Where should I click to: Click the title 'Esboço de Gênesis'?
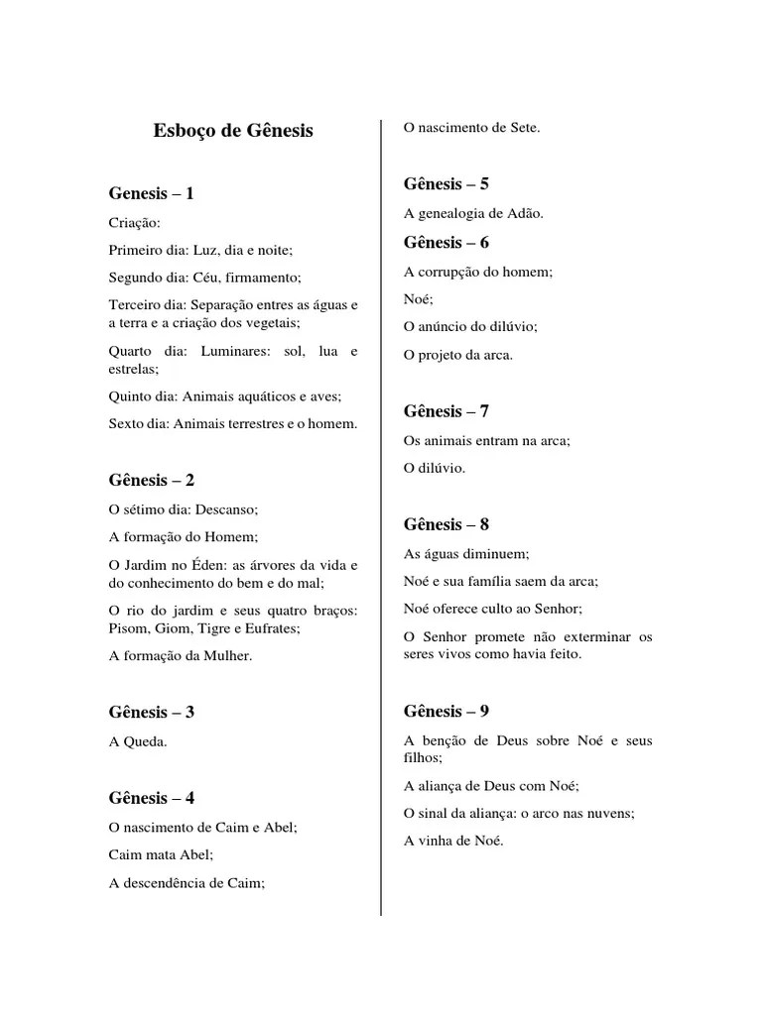pyautogui.click(x=233, y=130)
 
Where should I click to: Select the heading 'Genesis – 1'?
pyautogui.click(x=151, y=193)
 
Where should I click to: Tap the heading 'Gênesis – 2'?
pyautogui.click(x=151, y=480)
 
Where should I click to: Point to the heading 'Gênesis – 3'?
pyautogui.click(x=151, y=712)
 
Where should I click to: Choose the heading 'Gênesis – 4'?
pyautogui.click(x=151, y=797)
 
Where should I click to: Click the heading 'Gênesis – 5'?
pyautogui.click(x=446, y=183)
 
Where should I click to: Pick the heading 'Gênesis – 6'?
pyautogui.click(x=446, y=242)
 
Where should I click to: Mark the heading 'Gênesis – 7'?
pyautogui.click(x=446, y=411)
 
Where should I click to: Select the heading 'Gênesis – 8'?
pyautogui.click(x=446, y=524)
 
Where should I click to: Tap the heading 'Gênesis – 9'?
pyautogui.click(x=446, y=711)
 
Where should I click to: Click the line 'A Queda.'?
pyautogui.click(x=138, y=740)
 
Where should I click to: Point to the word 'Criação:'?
pyautogui.click(x=134, y=223)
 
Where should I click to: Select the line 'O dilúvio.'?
pyautogui.click(x=435, y=468)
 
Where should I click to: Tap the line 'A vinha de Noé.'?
pyautogui.click(x=453, y=841)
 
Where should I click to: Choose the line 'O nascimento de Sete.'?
pyautogui.click(x=472, y=127)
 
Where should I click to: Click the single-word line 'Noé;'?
pyautogui.click(x=419, y=298)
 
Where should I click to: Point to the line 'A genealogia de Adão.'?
pyautogui.click(x=473, y=213)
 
